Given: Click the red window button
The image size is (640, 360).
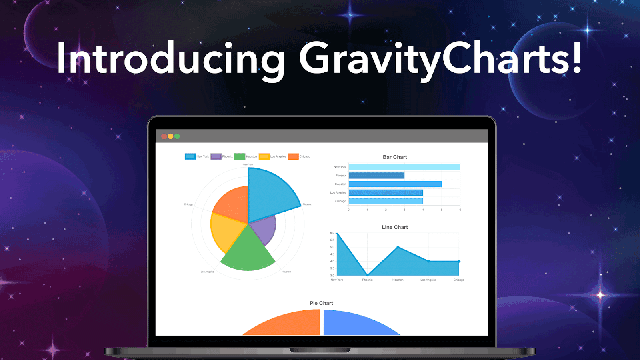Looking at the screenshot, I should click(164, 136).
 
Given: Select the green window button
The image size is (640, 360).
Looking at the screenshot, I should click(177, 136).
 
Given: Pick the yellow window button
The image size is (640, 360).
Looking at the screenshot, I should click(170, 136).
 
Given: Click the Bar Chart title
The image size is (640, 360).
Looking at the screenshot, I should click(395, 157).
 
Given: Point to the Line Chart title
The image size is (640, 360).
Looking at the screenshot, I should click(395, 227).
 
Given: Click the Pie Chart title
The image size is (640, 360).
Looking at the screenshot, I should click(321, 303).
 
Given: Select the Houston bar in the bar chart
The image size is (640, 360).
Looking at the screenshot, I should click(395, 184).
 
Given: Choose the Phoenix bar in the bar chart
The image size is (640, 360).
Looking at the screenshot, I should click(376, 176).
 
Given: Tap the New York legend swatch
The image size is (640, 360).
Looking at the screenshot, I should click(190, 156).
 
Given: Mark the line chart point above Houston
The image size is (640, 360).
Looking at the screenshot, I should click(398, 247).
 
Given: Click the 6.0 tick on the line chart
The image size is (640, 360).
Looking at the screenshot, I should click(332, 233).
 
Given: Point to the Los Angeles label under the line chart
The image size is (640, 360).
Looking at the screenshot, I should click(428, 280).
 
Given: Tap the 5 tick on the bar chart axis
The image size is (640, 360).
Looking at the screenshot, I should click(442, 210).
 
